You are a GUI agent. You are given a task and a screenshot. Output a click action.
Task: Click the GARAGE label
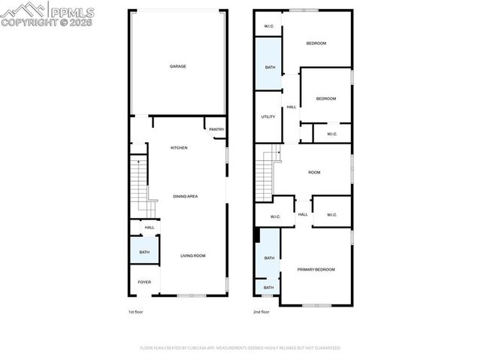pyautogui.click(x=178, y=66)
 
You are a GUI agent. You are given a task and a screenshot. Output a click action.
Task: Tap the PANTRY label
pyautogui.click(x=216, y=129)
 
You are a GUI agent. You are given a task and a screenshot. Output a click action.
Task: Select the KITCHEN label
pyautogui.click(x=179, y=147)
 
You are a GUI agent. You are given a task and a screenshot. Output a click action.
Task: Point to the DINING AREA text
pyautogui.click(x=185, y=196)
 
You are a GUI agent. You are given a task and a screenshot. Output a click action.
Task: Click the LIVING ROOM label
pyautogui.click(x=192, y=256)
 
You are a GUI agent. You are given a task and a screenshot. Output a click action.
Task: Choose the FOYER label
pyautogui.click(x=144, y=282)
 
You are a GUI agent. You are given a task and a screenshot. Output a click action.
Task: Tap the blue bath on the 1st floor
pyautogui.click(x=144, y=252)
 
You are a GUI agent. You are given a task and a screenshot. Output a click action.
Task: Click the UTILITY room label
pyautogui.click(x=268, y=116)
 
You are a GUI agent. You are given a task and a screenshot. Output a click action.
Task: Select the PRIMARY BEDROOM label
pyautogui.click(x=316, y=269)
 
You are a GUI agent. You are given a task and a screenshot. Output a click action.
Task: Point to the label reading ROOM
pyautogui.click(x=314, y=172)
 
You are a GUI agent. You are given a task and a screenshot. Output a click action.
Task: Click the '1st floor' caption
pyautogui.click(x=137, y=310)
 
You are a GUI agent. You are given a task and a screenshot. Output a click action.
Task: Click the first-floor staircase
pyautogui.click(x=141, y=185)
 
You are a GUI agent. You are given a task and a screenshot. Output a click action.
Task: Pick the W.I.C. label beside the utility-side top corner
pyautogui.click(x=268, y=27)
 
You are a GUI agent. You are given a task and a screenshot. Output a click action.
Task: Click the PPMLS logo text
pyautogui.click(x=71, y=11)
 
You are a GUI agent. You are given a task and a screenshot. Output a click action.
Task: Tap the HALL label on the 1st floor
pyautogui.click(x=149, y=228)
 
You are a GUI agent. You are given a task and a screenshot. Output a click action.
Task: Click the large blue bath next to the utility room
pyautogui.click(x=270, y=66)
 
